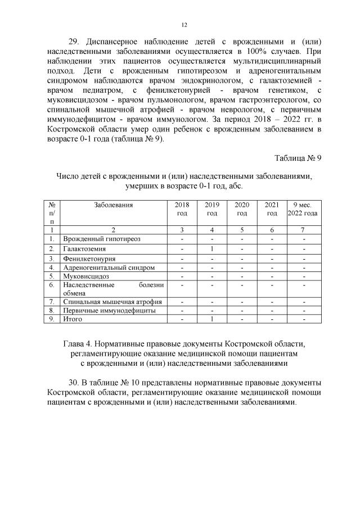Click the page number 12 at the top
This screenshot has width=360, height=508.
click(x=184, y=25)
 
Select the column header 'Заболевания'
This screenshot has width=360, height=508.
click(x=114, y=205)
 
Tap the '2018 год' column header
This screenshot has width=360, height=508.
click(x=182, y=209)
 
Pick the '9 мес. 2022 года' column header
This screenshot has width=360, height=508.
click(x=303, y=209)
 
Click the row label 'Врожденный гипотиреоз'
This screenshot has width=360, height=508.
click(x=102, y=239)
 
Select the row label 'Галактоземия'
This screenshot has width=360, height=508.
click(x=84, y=248)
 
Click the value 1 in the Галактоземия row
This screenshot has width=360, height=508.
click(x=212, y=248)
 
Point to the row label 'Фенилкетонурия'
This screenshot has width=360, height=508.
click(x=89, y=258)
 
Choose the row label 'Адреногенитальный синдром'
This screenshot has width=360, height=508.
click(x=109, y=267)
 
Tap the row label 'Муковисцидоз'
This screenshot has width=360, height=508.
click(x=86, y=276)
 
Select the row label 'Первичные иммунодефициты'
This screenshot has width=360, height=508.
click(x=109, y=310)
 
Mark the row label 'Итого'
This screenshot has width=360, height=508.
click(x=73, y=319)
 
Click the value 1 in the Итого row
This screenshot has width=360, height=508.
click(x=212, y=319)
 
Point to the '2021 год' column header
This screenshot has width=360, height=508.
click(x=272, y=209)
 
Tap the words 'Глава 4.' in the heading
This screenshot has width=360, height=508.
click(x=79, y=343)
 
